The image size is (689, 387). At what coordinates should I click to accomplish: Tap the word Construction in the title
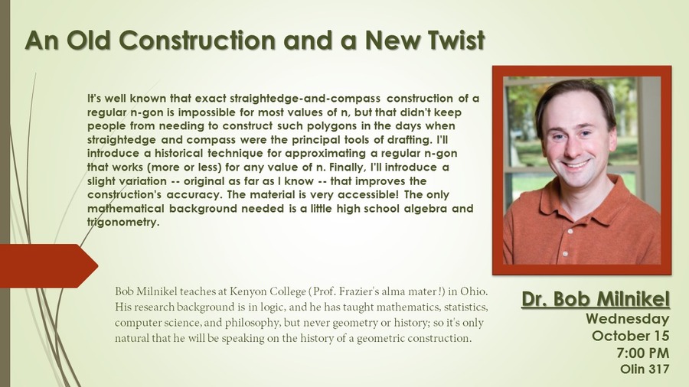click(198, 41)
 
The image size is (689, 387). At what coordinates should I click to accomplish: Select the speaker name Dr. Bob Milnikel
click(596, 299)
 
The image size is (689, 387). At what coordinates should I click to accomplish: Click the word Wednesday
click(628, 319)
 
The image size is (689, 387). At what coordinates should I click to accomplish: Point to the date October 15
click(631, 336)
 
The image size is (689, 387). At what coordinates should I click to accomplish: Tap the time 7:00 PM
click(643, 353)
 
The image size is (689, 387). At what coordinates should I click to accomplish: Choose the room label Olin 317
click(645, 369)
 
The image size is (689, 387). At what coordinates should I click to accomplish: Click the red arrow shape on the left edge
click(49, 266)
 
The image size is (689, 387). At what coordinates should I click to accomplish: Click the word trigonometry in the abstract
click(122, 223)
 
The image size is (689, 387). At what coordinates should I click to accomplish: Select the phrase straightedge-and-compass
click(305, 99)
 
